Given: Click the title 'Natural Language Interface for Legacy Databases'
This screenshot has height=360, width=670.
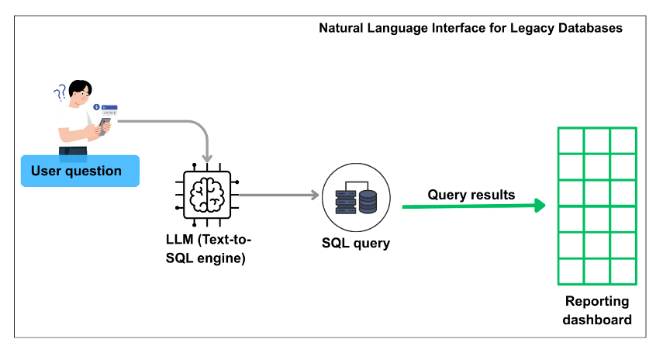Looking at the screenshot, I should coord(471,28).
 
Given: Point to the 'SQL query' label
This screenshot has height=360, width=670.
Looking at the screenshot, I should coord(356,243).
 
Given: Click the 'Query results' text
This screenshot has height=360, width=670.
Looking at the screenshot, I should coord(471,195).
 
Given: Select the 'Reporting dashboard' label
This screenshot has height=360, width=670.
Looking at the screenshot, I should coord(597,310).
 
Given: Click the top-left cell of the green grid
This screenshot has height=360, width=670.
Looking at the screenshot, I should coord(571,140).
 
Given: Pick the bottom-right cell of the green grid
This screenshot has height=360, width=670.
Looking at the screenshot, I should coord(623,272).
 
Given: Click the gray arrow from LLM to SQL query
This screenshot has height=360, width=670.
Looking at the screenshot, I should coord(279,196).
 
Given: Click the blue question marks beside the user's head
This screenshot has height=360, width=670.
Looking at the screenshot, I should coord(59,94).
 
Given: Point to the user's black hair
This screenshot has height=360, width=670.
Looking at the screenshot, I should coord(79,87).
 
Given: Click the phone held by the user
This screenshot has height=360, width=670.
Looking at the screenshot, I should coord(104,123).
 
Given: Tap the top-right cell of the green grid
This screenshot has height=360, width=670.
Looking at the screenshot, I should coord(623,140).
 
